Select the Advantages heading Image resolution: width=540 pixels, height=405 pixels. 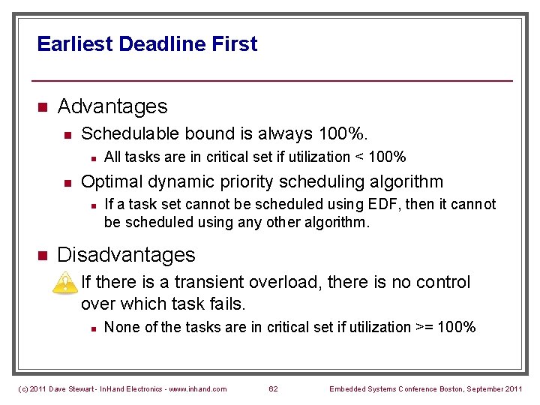point(112,106)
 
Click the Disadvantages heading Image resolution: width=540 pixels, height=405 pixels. point(126,255)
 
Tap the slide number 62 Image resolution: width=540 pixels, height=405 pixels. point(273,388)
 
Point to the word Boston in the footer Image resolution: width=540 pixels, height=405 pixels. point(448,388)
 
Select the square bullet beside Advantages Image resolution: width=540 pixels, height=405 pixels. point(42,107)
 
